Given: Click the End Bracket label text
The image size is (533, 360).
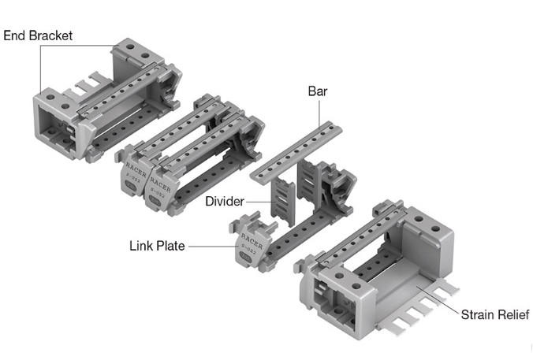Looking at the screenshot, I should (37, 35).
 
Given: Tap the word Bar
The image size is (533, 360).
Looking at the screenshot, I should (318, 92).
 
